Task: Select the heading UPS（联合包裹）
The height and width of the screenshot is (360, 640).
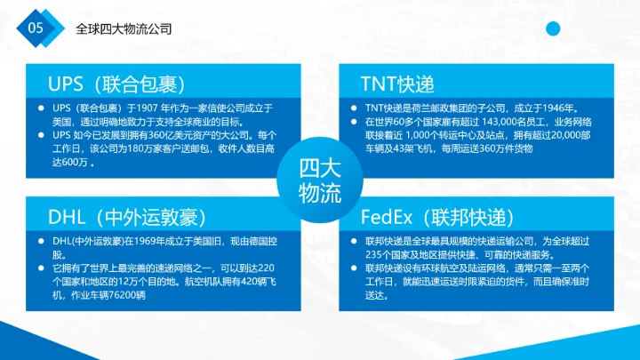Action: pos(116,84)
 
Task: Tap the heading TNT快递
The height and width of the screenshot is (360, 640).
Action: pos(397,84)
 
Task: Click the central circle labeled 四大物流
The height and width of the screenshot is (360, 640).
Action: pos(319,180)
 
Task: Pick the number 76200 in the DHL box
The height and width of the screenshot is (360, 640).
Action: pos(129,295)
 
